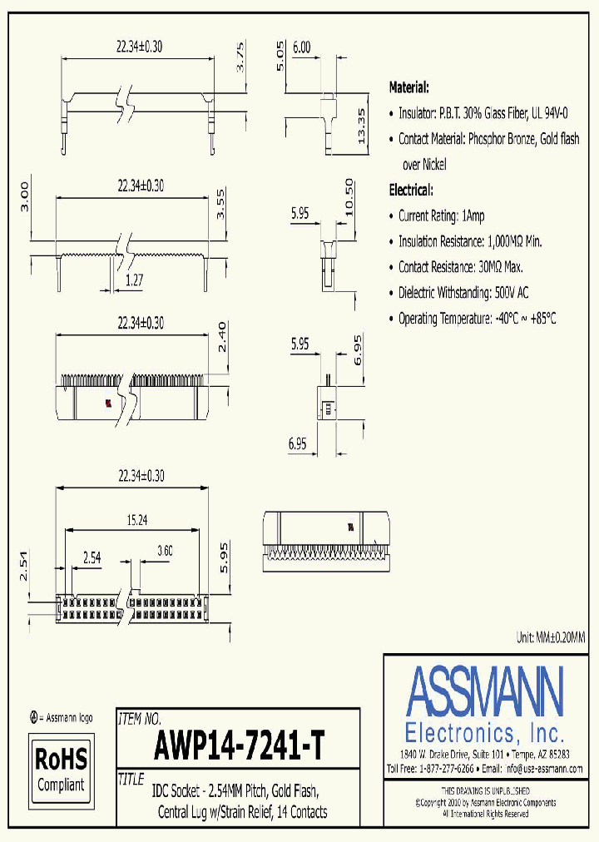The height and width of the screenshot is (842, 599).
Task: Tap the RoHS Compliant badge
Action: [x=61, y=770]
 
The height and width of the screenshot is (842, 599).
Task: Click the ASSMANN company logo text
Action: [x=485, y=689]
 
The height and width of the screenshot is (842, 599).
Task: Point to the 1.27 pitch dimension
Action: [x=132, y=281]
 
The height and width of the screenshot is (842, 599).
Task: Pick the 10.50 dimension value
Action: [x=349, y=198]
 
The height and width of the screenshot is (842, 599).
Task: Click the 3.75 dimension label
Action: [x=240, y=58]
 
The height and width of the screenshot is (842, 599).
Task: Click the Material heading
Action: [x=409, y=87]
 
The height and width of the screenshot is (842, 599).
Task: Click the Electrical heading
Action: [x=411, y=190]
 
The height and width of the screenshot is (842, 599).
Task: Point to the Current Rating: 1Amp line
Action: [x=441, y=215]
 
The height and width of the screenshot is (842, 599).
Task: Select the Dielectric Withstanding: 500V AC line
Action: [x=463, y=292]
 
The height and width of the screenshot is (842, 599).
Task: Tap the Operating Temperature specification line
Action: [x=477, y=318]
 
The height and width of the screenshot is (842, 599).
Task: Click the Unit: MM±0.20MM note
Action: [x=550, y=636]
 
